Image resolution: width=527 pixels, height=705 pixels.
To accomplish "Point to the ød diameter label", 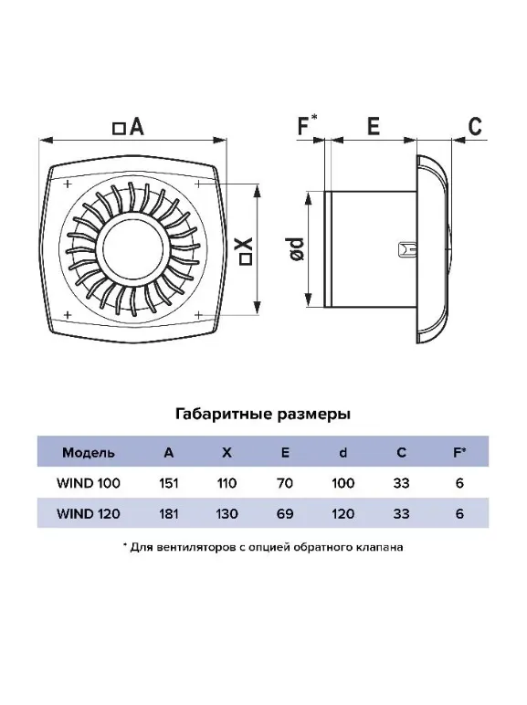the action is pos(297,248).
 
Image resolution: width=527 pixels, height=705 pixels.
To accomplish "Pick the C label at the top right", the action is pos(475,126).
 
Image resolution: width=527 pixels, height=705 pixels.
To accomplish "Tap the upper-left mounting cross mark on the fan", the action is pos(68,184).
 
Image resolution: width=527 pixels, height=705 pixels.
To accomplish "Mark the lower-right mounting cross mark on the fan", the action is pos(198,315).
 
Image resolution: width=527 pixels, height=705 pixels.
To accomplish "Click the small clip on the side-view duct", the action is pos(407,249).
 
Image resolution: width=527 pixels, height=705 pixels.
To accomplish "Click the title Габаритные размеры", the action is pos(263,414).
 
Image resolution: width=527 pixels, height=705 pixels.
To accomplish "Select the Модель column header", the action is pos(88,452).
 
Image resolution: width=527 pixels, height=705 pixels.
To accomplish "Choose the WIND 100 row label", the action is pos(88,483).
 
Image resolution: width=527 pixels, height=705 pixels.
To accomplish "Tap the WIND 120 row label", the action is pos(88,513).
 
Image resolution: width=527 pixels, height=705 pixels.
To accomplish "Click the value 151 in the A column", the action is pos(169,483).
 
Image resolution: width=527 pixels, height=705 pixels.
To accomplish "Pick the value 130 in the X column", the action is pos(227,513).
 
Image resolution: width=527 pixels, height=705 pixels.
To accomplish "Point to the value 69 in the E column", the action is pos(285,513).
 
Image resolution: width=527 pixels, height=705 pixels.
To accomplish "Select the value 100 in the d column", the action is pos(343,483).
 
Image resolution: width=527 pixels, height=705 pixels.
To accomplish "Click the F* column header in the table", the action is pos(459,452).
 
